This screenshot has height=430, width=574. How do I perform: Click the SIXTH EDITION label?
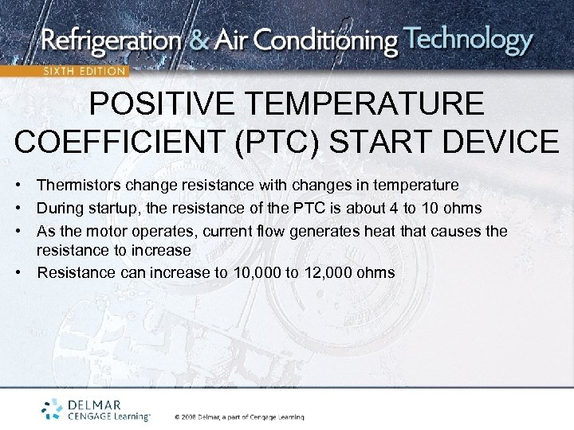pyautogui.click(x=85, y=71)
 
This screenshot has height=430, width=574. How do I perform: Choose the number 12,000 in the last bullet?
pyautogui.click(x=328, y=273)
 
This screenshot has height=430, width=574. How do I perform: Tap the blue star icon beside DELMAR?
pyautogui.click(x=53, y=408)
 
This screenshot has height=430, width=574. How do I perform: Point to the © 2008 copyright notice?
pyautogui.click(x=239, y=416)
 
